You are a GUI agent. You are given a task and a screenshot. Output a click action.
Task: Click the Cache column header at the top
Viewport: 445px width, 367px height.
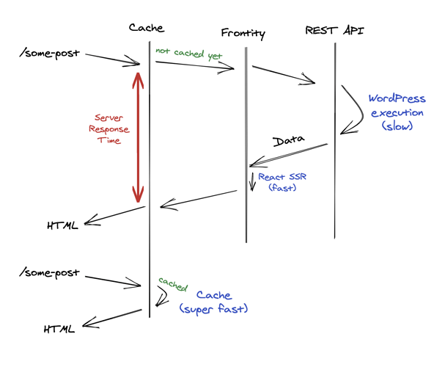coord(147,29)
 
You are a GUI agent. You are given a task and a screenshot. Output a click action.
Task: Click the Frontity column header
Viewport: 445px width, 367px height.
coord(243,34)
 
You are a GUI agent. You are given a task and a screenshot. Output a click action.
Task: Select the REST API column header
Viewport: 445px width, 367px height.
coord(335,30)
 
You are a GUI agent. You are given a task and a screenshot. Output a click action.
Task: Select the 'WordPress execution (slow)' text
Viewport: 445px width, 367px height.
coord(397,112)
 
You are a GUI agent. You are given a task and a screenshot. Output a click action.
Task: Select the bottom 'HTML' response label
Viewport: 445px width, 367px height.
coord(59,328)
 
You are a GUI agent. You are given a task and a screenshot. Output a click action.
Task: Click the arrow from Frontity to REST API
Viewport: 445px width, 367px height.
coord(284,75)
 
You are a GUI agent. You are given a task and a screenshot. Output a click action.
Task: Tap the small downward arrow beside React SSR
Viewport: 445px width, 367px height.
coord(252,181)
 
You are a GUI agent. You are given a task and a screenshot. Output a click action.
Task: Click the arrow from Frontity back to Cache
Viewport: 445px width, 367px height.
coord(198,199)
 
